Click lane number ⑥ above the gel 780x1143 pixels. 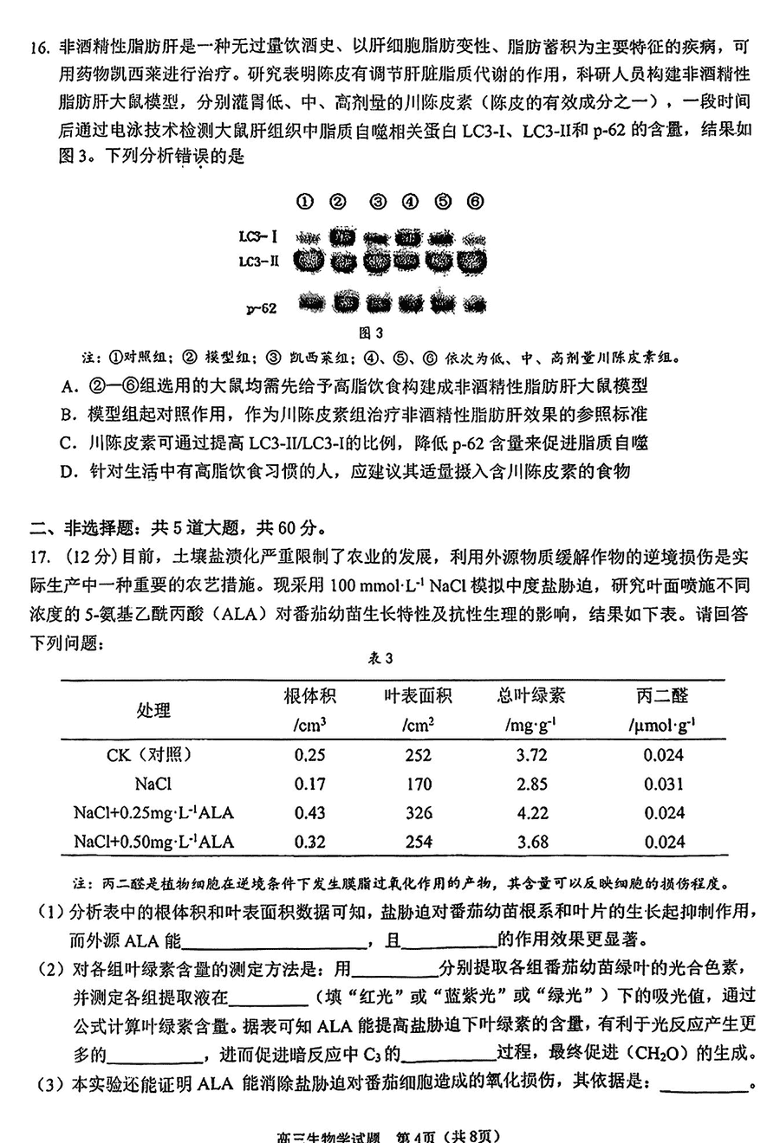(x=475, y=202)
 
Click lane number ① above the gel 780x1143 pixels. (x=304, y=202)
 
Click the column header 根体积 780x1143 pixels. (x=309, y=695)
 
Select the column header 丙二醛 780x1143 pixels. (x=662, y=695)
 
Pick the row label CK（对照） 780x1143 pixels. (x=149, y=755)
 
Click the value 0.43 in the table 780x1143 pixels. (x=309, y=813)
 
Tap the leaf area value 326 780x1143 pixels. (x=418, y=813)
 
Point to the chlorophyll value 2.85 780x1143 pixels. (x=531, y=785)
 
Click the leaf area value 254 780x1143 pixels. (x=418, y=842)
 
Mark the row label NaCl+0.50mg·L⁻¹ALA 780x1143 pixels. (x=153, y=842)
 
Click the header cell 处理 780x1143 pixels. (x=153, y=710)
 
